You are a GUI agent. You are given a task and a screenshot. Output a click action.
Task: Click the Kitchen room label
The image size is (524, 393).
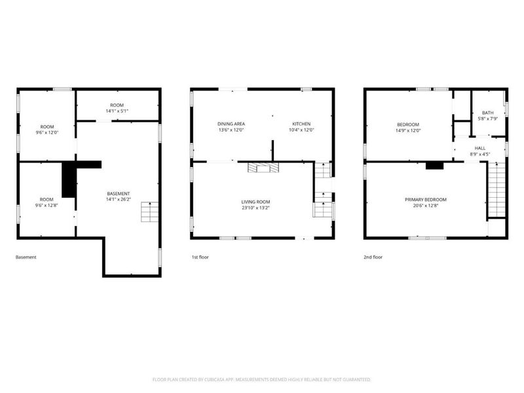pyautogui.click(x=301, y=124)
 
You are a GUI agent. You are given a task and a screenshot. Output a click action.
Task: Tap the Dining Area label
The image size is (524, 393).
pyautogui.click(x=231, y=124)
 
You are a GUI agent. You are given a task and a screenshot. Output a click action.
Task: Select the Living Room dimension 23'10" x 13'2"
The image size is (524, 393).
pyautogui.click(x=255, y=208)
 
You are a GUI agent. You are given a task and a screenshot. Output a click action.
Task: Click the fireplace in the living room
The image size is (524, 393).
pyautogui.click(x=263, y=168)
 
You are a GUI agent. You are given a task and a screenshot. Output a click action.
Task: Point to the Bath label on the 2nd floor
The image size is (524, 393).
pyautogui.click(x=487, y=113)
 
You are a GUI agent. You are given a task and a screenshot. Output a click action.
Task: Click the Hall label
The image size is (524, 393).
pyautogui.click(x=480, y=148)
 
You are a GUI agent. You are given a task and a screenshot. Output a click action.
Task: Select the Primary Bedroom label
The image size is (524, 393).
pyautogui.click(x=426, y=200)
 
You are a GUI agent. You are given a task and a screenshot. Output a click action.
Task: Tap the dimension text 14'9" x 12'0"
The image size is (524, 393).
pyautogui.click(x=408, y=130)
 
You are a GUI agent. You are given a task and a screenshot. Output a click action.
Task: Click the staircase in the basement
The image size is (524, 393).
pyautogui.click(x=150, y=212)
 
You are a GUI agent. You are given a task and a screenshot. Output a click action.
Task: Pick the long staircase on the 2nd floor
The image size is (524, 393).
pyautogui.click(x=496, y=189)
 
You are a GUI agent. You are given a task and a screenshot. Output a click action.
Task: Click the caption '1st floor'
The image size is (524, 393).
pyautogui.click(x=200, y=257)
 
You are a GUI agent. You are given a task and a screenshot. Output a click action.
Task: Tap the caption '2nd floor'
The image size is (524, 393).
pyautogui.click(x=373, y=257)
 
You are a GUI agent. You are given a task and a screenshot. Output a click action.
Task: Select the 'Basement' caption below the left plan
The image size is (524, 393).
pyautogui.click(x=26, y=257)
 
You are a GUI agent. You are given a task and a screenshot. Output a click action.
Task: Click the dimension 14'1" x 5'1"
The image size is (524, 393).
pyautogui.click(x=117, y=111)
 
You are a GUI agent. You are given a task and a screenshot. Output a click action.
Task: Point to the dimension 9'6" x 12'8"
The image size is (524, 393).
pyautogui.click(x=47, y=206)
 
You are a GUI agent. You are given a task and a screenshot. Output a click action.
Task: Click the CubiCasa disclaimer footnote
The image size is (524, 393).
pyautogui.click(x=261, y=380)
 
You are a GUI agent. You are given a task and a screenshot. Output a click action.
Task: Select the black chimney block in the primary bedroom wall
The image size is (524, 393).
pyautogui.click(x=434, y=166)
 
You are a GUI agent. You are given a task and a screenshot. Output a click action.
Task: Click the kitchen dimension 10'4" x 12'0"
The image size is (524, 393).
pyautogui.click(x=301, y=130)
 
